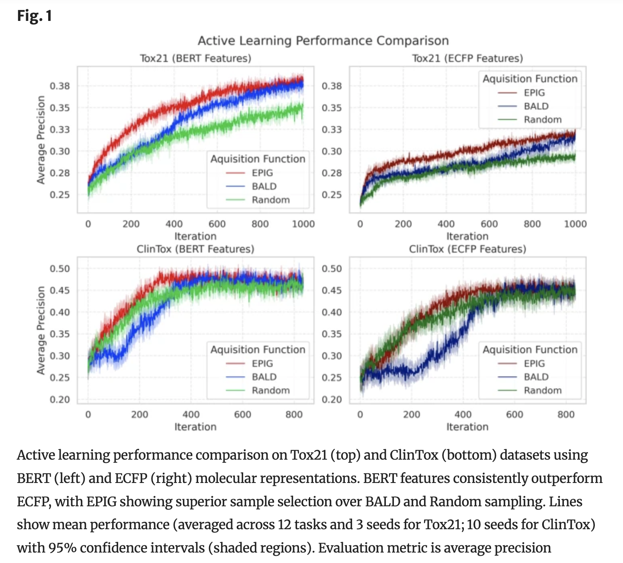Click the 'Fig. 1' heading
35,16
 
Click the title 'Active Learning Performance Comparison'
323,41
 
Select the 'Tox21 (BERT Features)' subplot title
195,58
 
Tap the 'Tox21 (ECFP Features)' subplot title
467,58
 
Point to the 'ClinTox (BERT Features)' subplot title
195,249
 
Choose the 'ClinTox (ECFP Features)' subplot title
467,249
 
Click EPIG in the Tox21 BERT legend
262,173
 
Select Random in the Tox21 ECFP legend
543,119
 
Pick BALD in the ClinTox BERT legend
264,377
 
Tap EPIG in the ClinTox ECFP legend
534,364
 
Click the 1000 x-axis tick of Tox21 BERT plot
303,224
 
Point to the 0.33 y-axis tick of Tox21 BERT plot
59,129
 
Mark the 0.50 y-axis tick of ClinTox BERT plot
59,269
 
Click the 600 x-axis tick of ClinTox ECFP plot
514,415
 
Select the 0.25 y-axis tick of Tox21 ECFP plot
332,195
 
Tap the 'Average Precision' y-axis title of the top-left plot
41,140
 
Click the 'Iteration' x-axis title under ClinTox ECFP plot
467,427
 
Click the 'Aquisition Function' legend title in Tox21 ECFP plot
530,79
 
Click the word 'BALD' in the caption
383,502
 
